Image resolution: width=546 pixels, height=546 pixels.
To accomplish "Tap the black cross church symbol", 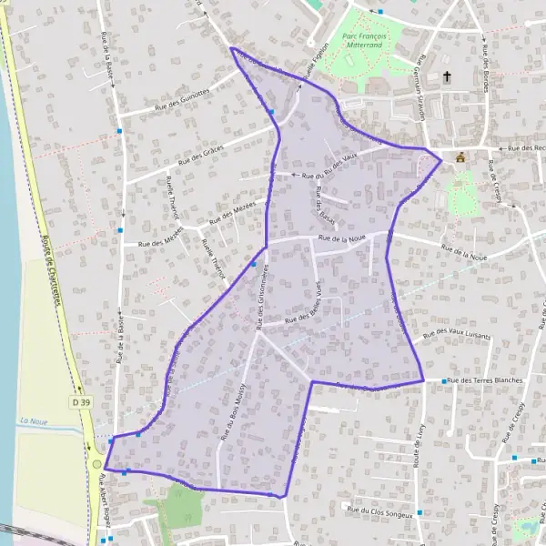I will tap(447, 77).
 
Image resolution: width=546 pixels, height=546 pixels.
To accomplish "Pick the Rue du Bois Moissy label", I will tap(233, 412).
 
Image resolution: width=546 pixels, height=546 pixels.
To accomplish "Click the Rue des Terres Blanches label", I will tap(483, 380).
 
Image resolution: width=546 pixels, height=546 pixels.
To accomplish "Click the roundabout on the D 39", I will tap(96, 462).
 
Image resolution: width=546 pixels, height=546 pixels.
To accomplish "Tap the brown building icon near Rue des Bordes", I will tap(460, 157).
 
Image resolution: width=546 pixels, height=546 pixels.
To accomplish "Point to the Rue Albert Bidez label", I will tap(105, 496).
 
